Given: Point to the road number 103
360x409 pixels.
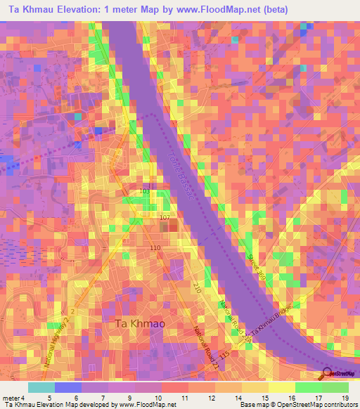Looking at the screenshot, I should tap(145, 191).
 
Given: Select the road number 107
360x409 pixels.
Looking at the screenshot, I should tap(165, 218).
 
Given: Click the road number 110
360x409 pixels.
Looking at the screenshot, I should tap(155, 249).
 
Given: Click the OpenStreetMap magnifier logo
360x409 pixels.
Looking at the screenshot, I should tap(328, 374).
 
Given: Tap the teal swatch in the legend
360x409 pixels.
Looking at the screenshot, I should tap(41, 387).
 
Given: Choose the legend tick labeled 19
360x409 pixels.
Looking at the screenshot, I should tap(345, 397).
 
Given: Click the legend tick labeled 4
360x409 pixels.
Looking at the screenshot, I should tap(23, 397).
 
